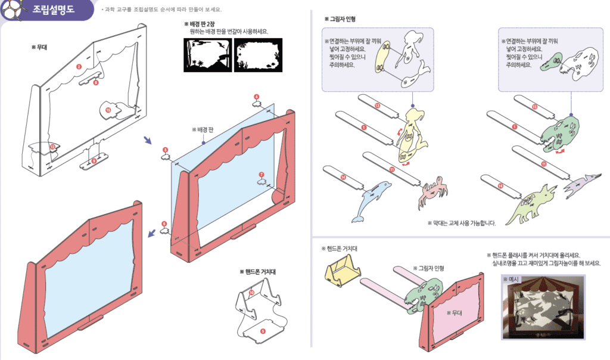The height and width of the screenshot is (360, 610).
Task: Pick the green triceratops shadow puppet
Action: click(x=530, y=203)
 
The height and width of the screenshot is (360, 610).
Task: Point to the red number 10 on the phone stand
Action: click(x=251, y=293)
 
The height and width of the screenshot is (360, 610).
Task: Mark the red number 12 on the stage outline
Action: click(x=52, y=147)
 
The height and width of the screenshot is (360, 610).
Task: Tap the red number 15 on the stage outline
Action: click(x=108, y=110)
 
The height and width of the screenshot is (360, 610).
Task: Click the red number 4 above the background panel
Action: click(x=257, y=97)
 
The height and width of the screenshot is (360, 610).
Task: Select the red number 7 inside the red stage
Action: click(x=261, y=175)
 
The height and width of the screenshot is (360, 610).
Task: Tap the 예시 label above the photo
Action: click(x=512, y=279)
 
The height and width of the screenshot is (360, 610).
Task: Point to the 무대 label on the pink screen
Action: click(x=455, y=312)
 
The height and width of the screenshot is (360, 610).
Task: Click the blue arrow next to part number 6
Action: click(x=152, y=233)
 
